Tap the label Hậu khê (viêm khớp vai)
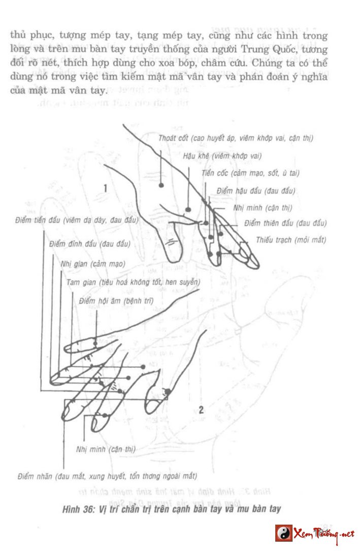pyautogui.click(x=222, y=156)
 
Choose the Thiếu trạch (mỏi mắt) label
pyautogui.click(x=291, y=240)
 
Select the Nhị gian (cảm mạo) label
pyautogui.click(x=92, y=264)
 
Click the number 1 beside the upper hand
pyautogui.click(x=105, y=188)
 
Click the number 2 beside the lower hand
pyautogui.click(x=201, y=410)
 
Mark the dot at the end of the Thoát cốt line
pyautogui.click(x=161, y=185)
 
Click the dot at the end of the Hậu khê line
pyautogui.click(x=188, y=209)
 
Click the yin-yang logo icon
pyautogui.click(x=284, y=532)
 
